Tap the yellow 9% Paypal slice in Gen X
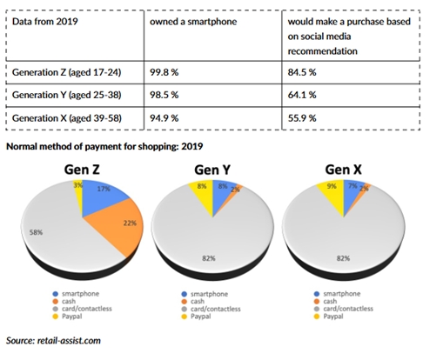332,189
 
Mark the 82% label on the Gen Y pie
210,257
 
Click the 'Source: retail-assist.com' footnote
52,340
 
